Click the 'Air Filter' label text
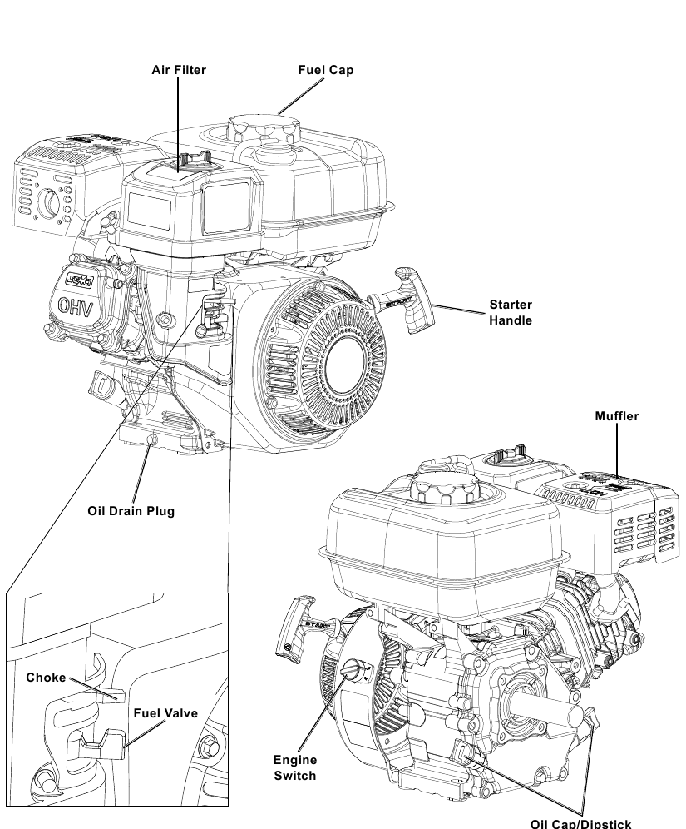[178, 70]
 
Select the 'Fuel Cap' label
[326, 70]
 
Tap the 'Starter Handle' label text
[510, 312]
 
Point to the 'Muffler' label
[616, 416]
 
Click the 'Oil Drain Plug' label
[131, 510]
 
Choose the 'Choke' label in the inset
[46, 678]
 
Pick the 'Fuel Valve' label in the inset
[165, 713]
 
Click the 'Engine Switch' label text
[295, 767]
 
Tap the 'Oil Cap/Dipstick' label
[580, 823]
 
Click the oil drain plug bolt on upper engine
[151, 439]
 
